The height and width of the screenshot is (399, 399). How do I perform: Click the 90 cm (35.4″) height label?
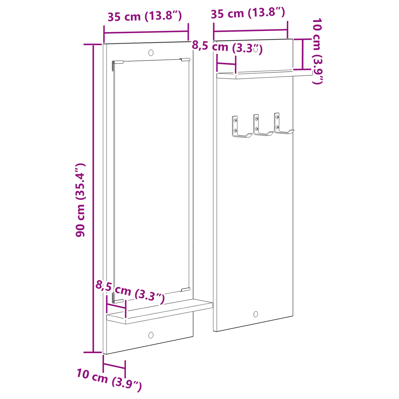[x=80, y=200]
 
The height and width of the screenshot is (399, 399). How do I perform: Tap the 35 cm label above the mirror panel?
[x=145, y=17]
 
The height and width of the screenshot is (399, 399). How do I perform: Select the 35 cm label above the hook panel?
[x=248, y=13]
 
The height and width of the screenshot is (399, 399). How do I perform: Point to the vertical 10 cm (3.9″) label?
[x=317, y=51]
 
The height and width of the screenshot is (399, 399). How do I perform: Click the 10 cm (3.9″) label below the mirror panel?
[x=109, y=380]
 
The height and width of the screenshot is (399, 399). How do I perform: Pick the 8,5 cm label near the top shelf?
[x=227, y=47]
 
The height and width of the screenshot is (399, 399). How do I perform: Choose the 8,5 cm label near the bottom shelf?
[x=130, y=292]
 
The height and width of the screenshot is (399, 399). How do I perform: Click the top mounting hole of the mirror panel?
[x=151, y=52]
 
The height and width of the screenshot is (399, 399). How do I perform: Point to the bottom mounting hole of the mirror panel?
[x=151, y=335]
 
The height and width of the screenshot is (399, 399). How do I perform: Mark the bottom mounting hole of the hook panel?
[x=256, y=314]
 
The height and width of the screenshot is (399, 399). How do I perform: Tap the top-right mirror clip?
[x=185, y=59]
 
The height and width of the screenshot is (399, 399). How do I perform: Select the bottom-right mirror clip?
[x=186, y=289]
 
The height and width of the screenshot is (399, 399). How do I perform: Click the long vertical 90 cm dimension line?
[x=93, y=199]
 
